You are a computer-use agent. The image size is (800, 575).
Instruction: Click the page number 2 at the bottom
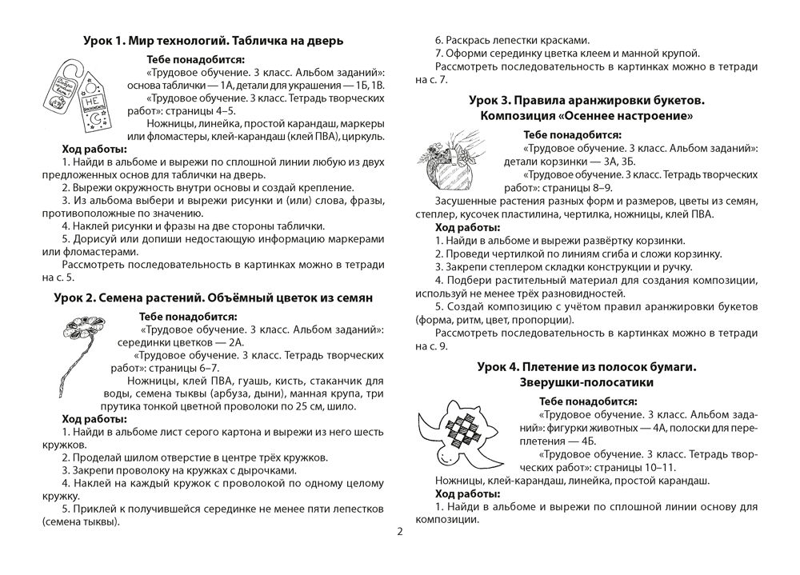click(x=399, y=532)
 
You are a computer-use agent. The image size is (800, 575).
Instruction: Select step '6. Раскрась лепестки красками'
click(x=512, y=38)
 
